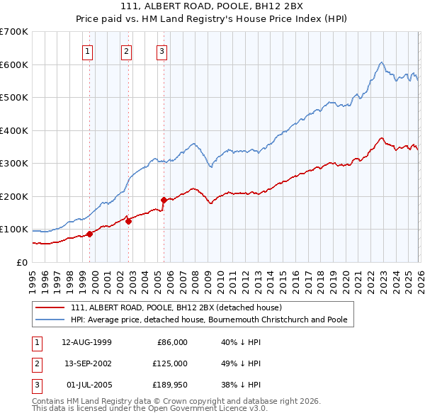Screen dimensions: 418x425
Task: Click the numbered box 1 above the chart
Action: pyautogui.click(x=88, y=51)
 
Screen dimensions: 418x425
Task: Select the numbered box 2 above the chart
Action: pyautogui.click(x=126, y=51)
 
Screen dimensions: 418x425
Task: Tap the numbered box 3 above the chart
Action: pyautogui.click(x=161, y=51)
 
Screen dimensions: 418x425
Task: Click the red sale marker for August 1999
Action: pyautogui.click(x=90, y=234)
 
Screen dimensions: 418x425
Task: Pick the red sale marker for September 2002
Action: pyautogui.click(x=129, y=221)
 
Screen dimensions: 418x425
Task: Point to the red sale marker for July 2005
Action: pyautogui.click(x=164, y=200)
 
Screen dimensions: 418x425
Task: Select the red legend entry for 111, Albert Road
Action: pyautogui.click(x=176, y=307)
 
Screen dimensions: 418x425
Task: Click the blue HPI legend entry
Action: pyautogui.click(x=209, y=320)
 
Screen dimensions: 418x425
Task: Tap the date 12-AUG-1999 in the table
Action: pyautogui.click(x=87, y=342)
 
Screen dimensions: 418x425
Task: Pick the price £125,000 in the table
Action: pyautogui.click(x=170, y=363)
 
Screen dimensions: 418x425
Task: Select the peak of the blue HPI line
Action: pyautogui.click(x=381, y=62)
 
